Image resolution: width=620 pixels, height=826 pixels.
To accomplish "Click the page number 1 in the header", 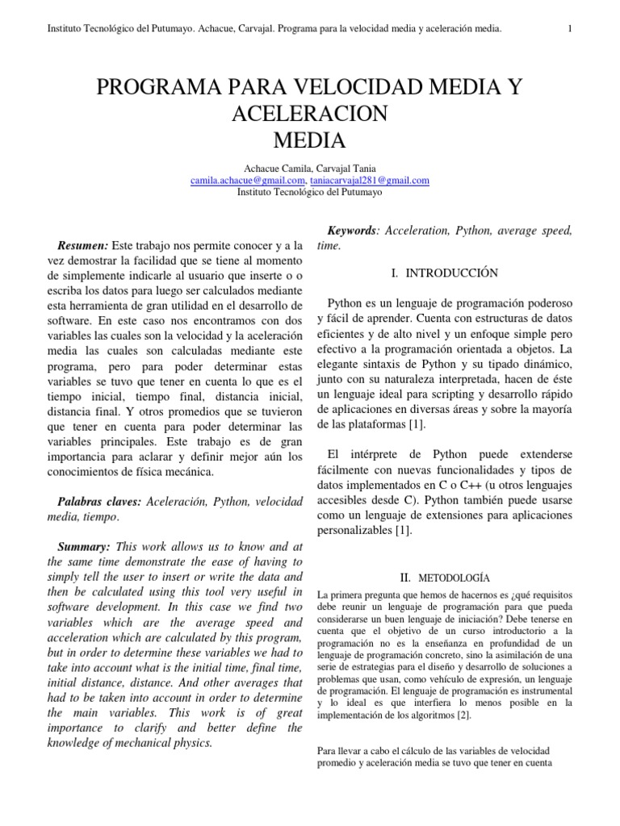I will (x=571, y=30).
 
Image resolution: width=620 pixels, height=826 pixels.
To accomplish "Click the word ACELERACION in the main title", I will (x=310, y=114).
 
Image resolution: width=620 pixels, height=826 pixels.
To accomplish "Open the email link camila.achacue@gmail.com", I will (x=247, y=181).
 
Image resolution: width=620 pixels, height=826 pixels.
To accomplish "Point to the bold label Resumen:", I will (x=83, y=244).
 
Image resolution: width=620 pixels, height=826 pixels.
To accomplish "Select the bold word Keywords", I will (x=350, y=231).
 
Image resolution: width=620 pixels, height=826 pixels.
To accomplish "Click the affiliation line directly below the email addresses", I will (x=310, y=193).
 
